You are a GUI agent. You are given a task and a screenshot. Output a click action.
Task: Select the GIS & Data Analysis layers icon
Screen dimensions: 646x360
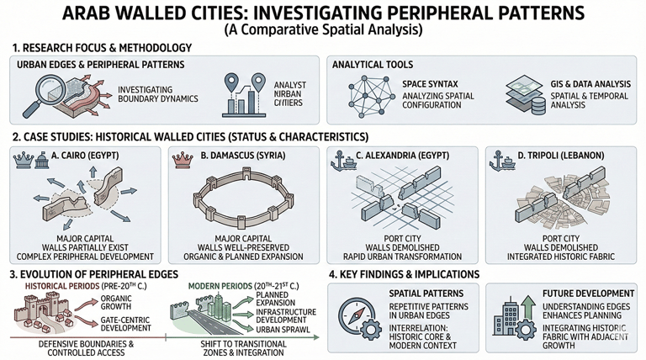(x=522, y=97)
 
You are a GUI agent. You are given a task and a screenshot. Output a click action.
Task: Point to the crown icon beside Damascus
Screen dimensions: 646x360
(x=177, y=158)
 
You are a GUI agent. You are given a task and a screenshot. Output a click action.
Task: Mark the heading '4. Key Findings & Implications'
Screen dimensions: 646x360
(x=404, y=274)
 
